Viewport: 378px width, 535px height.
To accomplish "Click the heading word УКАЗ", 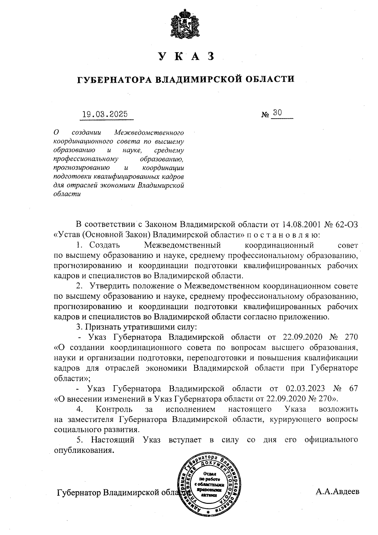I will click(x=186, y=56).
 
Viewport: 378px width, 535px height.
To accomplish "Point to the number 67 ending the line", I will click(x=353, y=388).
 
